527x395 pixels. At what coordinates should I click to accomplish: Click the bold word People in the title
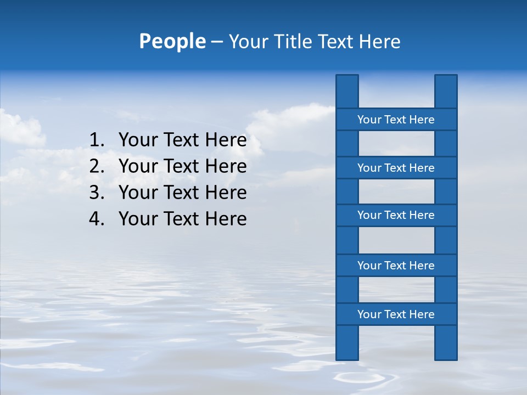[x=172, y=41]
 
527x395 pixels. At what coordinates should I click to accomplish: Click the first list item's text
[x=182, y=140]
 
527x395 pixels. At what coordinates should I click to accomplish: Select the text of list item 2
[x=182, y=166]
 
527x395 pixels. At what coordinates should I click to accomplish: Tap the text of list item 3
[x=182, y=193]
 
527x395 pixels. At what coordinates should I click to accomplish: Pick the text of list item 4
[x=182, y=219]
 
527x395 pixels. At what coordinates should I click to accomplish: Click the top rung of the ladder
[x=396, y=120]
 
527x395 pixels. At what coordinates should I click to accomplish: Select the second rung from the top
[x=396, y=168]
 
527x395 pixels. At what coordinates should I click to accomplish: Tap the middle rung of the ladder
[x=396, y=215]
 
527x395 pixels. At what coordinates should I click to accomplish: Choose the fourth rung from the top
[x=396, y=266]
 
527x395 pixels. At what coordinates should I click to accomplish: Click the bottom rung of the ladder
[x=396, y=314]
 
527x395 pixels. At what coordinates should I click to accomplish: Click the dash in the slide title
[x=216, y=42]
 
